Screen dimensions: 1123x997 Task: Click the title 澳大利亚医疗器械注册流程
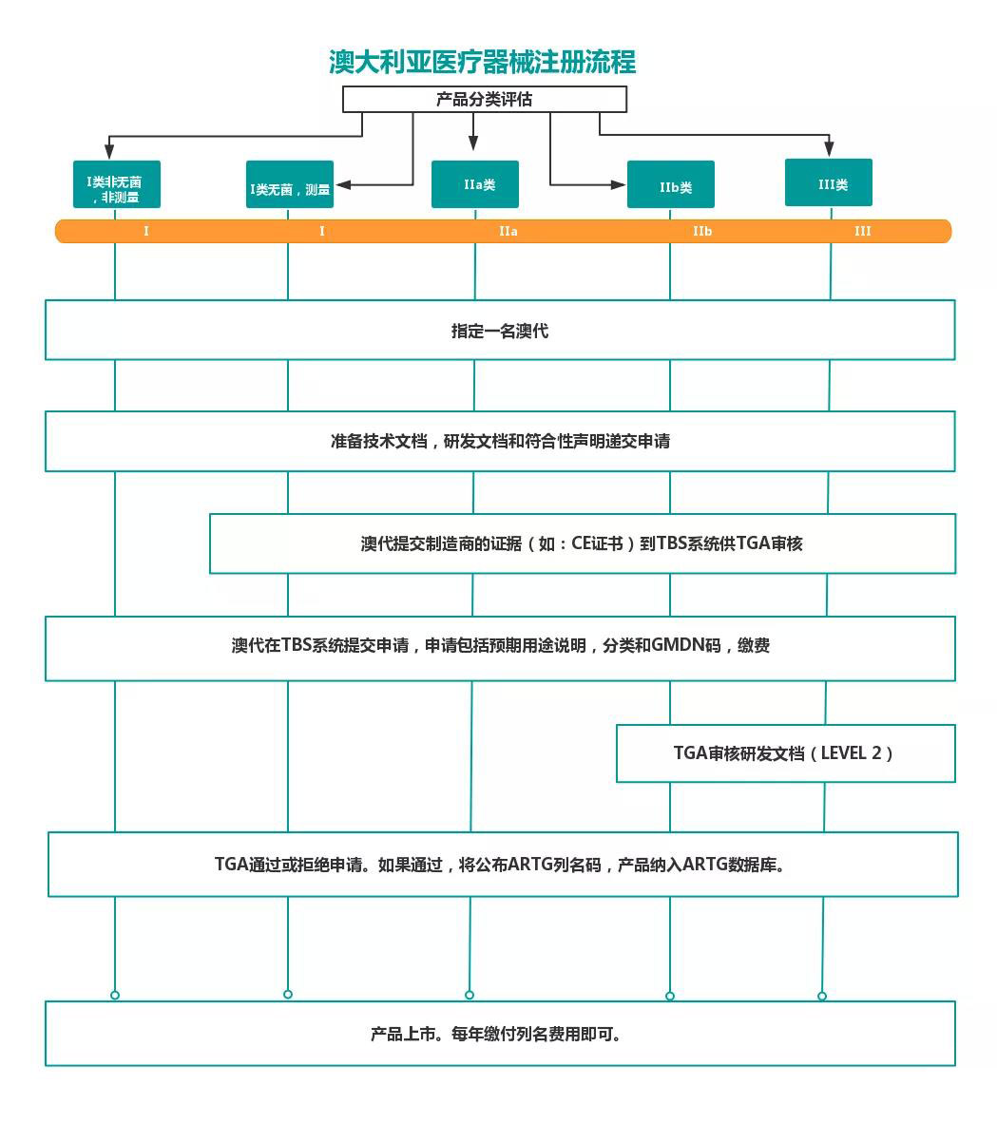[482, 63]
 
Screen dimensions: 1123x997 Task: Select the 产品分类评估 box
[484, 99]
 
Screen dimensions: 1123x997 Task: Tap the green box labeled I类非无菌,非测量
[116, 184]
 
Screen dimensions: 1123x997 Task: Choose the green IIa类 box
[475, 184]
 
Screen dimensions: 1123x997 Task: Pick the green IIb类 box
[671, 185]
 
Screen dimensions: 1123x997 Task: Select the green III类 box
[828, 183]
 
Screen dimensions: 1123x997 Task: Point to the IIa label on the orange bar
[508, 231]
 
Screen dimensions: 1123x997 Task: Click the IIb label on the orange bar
[702, 231]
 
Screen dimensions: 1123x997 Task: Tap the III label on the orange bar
[862, 231]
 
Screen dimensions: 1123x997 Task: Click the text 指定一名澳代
[500, 331]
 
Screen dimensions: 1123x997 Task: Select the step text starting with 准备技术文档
[500, 441]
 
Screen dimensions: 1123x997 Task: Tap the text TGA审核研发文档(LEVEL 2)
[784, 753]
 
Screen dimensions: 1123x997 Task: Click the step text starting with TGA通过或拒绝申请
[501, 865]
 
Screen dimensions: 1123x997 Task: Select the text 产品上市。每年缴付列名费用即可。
[498, 1034]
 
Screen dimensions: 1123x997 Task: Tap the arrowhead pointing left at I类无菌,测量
[345, 184]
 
